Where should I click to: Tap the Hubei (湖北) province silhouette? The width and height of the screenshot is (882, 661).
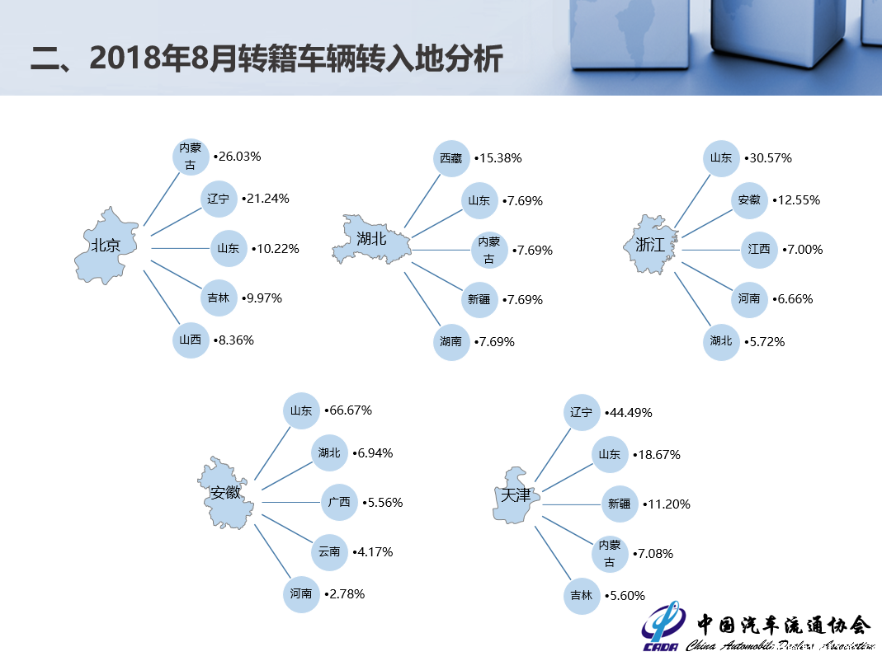coord(371,240)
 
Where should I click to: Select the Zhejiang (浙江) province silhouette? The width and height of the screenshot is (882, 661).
coord(651,245)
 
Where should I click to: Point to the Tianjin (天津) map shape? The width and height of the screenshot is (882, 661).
coord(516,495)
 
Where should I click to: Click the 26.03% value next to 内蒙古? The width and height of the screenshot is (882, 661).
coord(238,157)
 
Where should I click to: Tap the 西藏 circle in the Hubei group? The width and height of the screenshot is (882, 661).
coord(451,158)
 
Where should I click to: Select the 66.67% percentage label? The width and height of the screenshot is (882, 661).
coord(348,410)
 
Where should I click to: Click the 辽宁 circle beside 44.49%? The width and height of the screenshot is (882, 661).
coord(582,413)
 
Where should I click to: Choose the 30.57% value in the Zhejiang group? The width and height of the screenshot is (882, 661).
coord(768,158)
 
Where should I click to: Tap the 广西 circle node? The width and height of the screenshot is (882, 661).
coord(339,502)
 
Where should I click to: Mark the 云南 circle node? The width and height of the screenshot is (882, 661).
coord(330,552)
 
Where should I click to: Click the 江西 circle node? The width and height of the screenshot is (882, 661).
coord(759,249)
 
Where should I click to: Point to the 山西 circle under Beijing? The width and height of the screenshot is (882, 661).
coord(191,340)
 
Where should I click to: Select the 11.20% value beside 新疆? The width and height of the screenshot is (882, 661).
coord(667,504)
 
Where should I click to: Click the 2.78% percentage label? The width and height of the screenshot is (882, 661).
coord(345,594)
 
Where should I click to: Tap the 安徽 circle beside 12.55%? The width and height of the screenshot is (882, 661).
coord(749,200)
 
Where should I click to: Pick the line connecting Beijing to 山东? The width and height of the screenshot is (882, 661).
coord(180,248)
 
